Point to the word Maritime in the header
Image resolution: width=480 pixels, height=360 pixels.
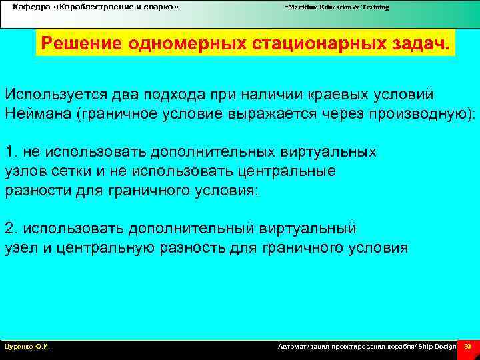tap(303, 7)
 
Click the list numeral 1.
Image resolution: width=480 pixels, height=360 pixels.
tap(9, 151)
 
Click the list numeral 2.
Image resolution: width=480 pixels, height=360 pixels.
tap(9, 229)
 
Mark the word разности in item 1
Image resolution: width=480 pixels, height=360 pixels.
tap(34, 190)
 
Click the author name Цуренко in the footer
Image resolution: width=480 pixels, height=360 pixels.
tap(18, 347)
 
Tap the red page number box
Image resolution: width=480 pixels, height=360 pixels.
tap(467, 347)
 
